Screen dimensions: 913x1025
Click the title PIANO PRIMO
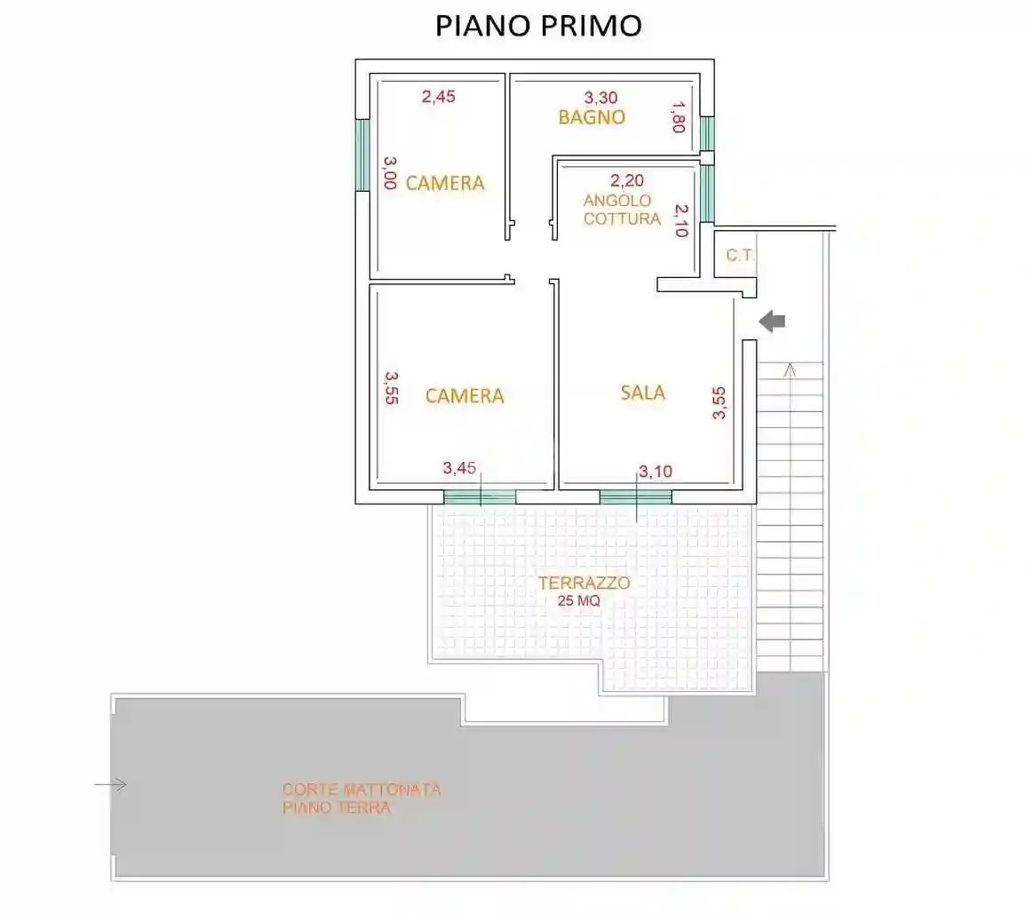538,26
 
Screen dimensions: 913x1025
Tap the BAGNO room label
592,117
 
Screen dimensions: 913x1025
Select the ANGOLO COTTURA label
622,210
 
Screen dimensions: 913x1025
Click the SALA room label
642,393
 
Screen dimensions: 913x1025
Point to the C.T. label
739,256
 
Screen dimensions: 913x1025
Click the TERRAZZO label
584,584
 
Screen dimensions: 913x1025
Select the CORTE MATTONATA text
362,789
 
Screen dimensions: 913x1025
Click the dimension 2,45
438,98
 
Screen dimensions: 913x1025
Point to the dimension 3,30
600,98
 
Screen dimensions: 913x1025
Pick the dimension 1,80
678,117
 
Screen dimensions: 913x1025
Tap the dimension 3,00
389,172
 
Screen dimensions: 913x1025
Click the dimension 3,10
656,472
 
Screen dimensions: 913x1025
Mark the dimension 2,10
680,221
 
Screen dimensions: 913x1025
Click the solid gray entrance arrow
773,322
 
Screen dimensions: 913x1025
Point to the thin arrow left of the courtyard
111,784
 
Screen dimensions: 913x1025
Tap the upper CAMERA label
445,183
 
